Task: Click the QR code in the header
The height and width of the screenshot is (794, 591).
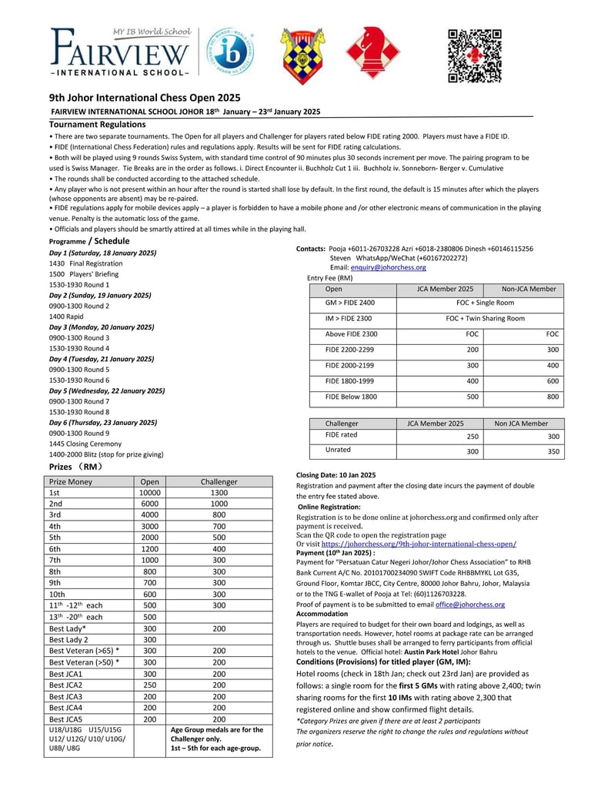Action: click(475, 55)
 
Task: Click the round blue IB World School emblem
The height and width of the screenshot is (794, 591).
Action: click(230, 52)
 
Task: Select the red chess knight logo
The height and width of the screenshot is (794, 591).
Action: click(371, 52)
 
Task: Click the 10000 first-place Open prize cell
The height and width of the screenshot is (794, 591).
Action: click(150, 493)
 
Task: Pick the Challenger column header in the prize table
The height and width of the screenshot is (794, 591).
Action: click(219, 482)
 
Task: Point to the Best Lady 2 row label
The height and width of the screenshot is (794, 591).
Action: click(68, 640)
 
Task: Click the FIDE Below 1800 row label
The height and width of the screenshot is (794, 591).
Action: click(351, 397)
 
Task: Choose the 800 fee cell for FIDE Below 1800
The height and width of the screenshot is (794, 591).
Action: click(553, 397)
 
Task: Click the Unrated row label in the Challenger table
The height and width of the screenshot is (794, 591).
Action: click(338, 450)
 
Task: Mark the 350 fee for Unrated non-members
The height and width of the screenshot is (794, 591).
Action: click(553, 451)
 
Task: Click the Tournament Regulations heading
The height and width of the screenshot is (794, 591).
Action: click(97, 124)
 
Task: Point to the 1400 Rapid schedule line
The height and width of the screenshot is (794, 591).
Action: click(67, 317)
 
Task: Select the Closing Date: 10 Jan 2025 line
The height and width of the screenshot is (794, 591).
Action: click(336, 475)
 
